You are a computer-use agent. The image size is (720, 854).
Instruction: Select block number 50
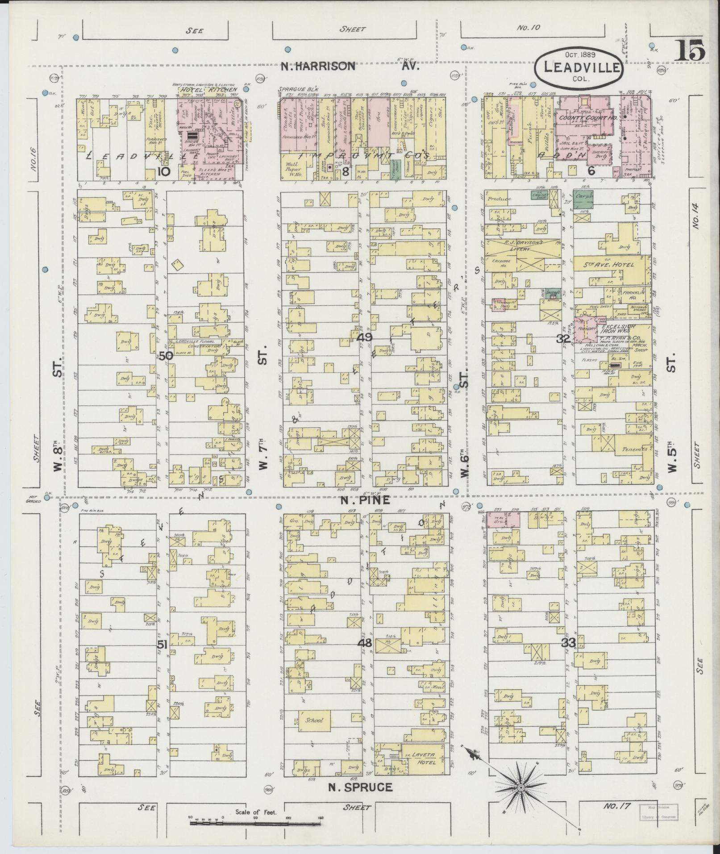[166, 356]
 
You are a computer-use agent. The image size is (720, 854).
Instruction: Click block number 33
[568, 643]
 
